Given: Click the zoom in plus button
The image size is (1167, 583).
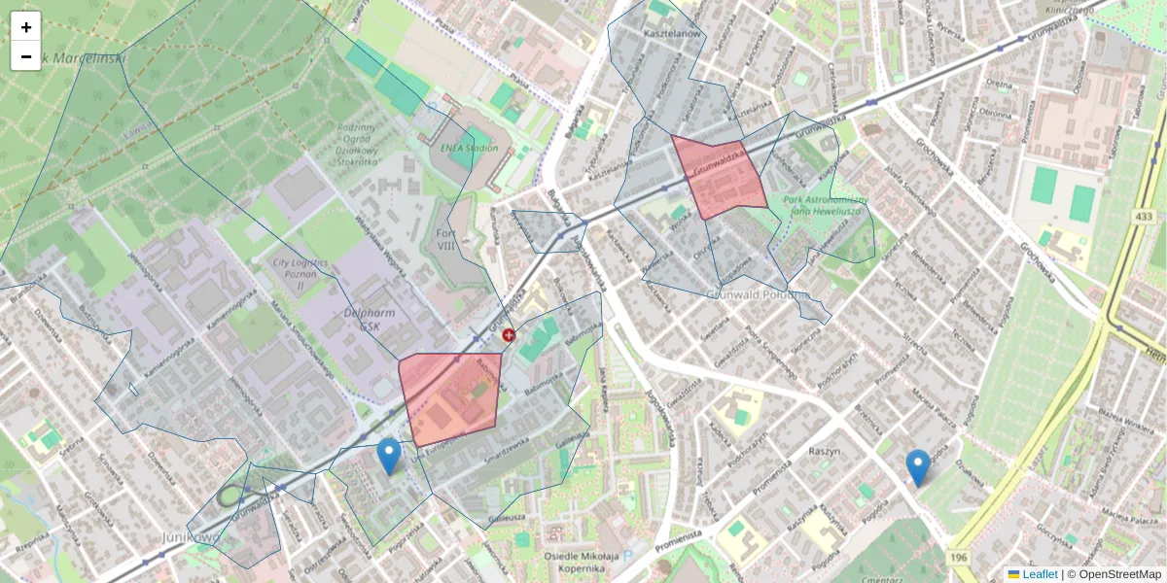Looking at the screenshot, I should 26,27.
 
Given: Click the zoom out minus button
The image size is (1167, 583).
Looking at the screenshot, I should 26,56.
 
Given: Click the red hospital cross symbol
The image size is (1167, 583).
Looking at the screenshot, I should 508,335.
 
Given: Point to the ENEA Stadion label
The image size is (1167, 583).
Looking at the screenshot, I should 469,148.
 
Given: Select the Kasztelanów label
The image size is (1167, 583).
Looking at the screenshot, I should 672,34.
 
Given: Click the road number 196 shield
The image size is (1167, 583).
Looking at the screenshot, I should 960,556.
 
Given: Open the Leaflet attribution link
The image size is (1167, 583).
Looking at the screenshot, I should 1039,574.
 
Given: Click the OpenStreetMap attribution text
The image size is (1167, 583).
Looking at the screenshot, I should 1118,574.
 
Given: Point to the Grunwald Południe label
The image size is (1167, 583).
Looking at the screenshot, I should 758,293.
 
